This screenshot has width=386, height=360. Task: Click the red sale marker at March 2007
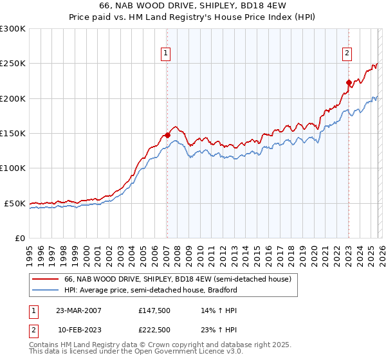pyautogui.click(x=167, y=135)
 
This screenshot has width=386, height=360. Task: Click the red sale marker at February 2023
pyautogui.click(x=348, y=82)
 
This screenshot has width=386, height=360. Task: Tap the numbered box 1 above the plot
pyautogui.click(x=166, y=53)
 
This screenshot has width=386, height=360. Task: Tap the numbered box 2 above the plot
pyautogui.click(x=347, y=53)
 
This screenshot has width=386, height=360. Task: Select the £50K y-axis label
pyautogui.click(x=15, y=203)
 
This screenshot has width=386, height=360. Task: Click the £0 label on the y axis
pyautogui.click(x=19, y=238)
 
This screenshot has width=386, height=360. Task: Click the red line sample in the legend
pyautogui.click(x=46, y=280)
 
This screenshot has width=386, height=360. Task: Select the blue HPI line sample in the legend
pyautogui.click(x=46, y=290)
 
